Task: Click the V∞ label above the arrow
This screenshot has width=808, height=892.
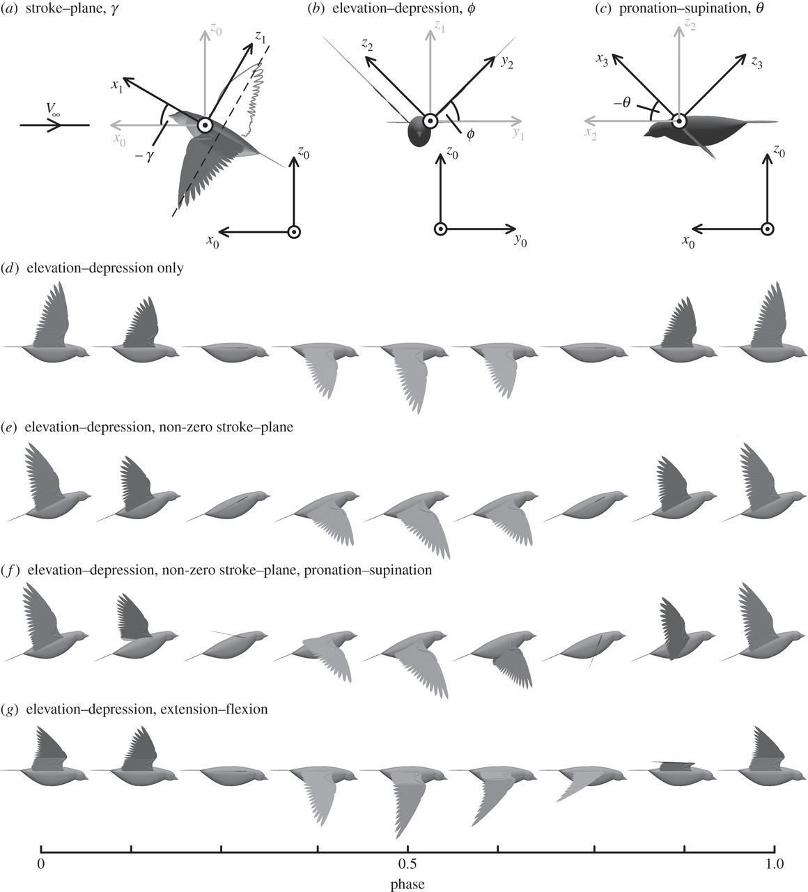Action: [54, 110]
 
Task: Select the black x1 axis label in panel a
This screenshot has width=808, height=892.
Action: [116, 86]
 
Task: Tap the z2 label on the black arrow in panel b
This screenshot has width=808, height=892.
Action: [366, 45]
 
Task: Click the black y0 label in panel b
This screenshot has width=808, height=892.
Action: [521, 240]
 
